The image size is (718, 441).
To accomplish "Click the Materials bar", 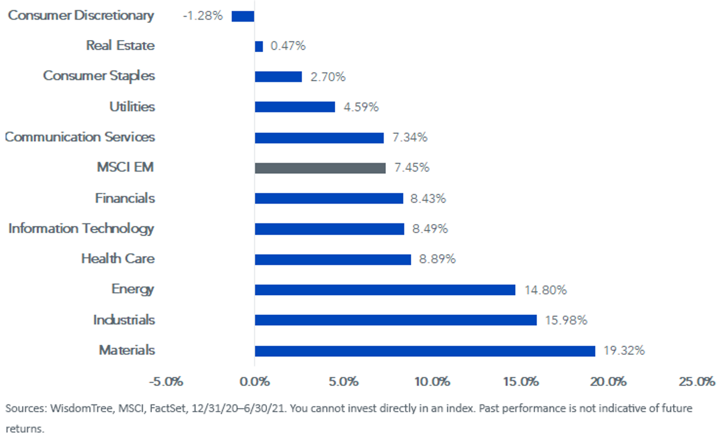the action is click(425, 351).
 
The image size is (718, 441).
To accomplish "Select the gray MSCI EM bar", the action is click(320, 168).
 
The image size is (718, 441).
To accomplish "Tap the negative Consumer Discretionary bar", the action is click(243, 16).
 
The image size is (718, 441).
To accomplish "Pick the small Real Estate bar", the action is click(259, 47).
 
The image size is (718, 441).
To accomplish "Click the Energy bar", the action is click(385, 290).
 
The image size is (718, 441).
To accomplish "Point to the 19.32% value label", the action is click(624, 350).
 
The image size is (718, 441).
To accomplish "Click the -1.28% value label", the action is click(203, 16).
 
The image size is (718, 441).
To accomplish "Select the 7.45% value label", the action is click(412, 167).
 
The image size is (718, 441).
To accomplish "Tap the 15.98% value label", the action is click(566, 320).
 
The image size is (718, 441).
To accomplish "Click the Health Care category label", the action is click(118, 259).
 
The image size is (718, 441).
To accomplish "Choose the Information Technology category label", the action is click(81, 229).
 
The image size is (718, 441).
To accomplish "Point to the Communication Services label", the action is click(80, 137).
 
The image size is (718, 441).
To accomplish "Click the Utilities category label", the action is click(132, 106).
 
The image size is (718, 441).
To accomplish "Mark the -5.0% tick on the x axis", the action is click(166, 381).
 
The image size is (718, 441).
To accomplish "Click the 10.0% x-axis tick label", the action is click(432, 381).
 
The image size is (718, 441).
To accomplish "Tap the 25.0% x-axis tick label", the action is click(697, 381).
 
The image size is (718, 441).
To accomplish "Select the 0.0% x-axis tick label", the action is click(255, 381).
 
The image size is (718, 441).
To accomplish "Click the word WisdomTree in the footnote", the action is click(82, 409).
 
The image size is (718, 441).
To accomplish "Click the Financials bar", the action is click(329, 198).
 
